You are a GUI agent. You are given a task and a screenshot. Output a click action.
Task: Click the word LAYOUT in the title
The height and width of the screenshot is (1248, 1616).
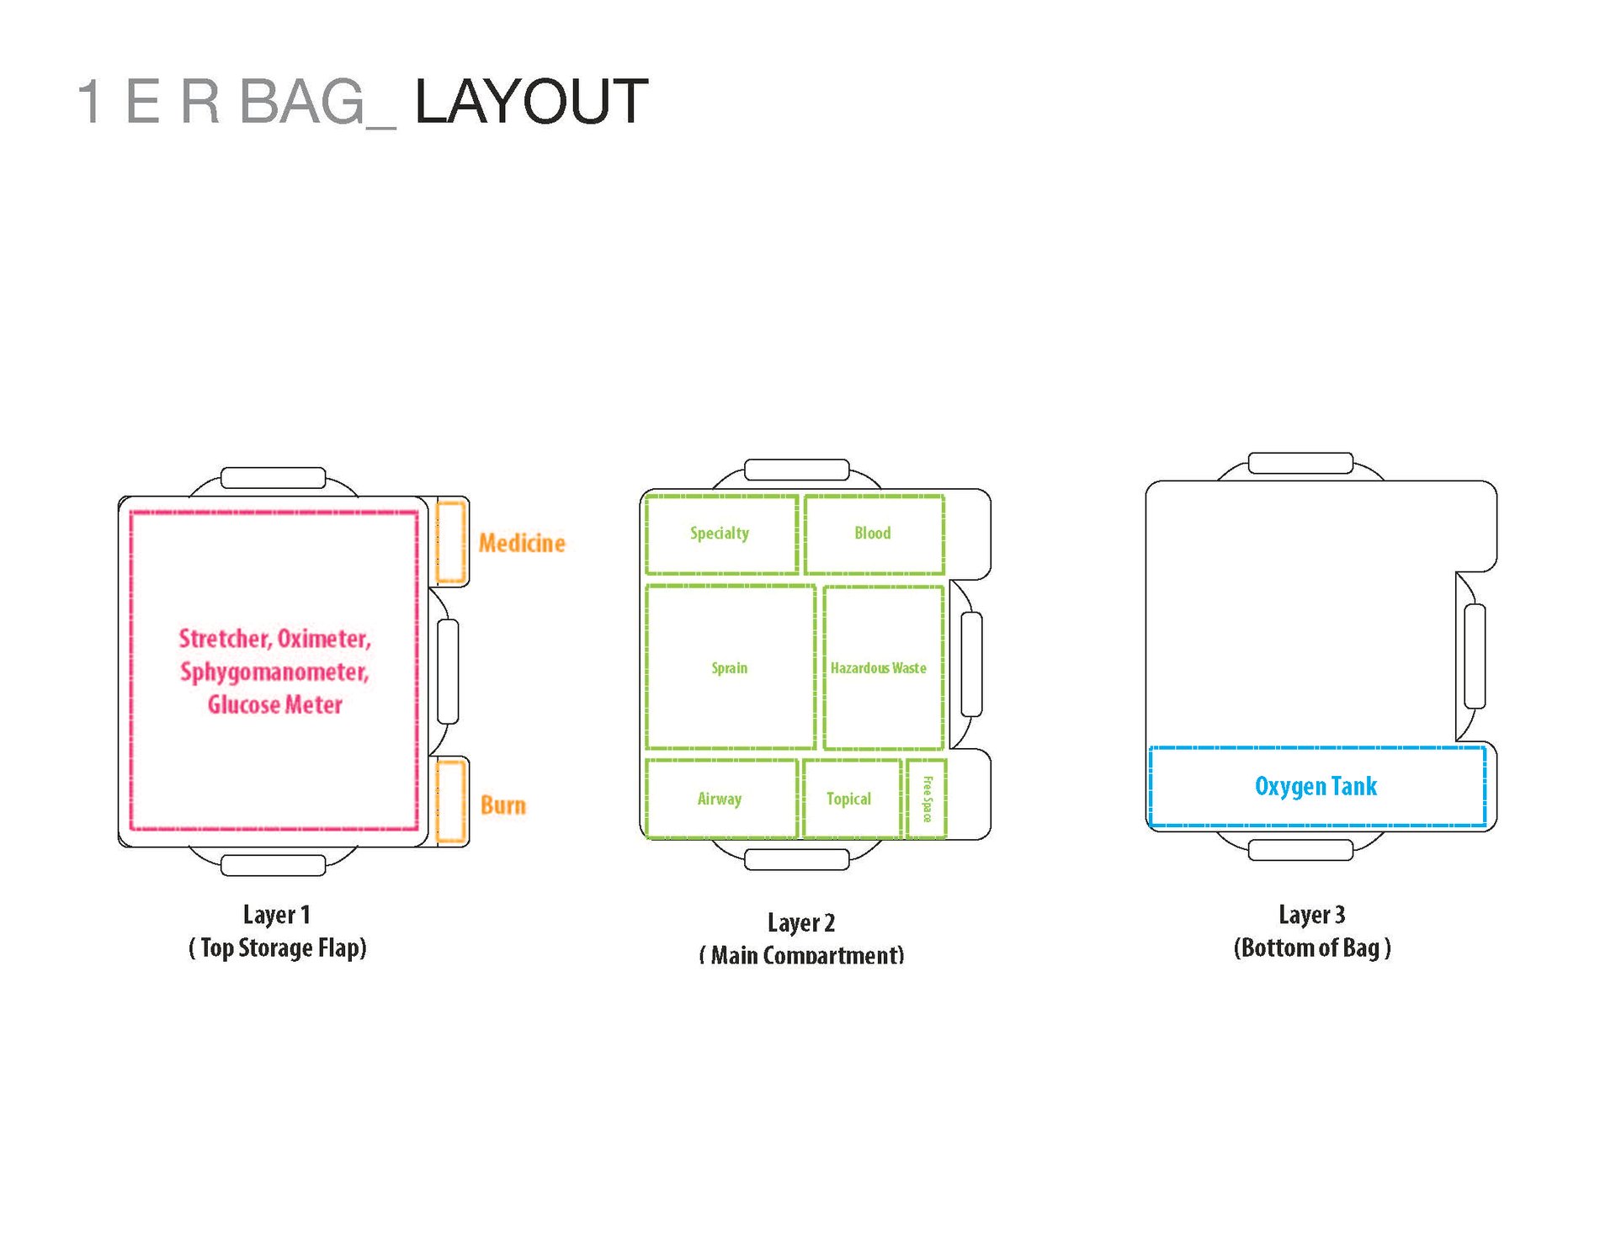click(x=531, y=102)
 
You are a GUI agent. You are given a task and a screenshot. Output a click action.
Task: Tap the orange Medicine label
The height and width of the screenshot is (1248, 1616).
click(x=522, y=543)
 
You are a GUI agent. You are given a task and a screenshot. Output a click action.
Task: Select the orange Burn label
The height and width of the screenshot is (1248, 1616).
click(x=502, y=805)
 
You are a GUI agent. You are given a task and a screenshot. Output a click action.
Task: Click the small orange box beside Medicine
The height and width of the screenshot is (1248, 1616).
click(x=451, y=542)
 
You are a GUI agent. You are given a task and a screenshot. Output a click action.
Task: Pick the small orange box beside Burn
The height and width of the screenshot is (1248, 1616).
click(x=451, y=800)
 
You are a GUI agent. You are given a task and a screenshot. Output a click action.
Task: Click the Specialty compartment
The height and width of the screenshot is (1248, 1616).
click(x=720, y=534)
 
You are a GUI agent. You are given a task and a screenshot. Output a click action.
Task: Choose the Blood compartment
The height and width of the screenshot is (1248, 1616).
click(x=873, y=534)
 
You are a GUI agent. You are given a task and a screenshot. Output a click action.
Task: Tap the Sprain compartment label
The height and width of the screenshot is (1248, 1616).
click(x=729, y=668)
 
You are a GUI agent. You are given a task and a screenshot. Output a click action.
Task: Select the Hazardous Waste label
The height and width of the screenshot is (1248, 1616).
click(x=878, y=668)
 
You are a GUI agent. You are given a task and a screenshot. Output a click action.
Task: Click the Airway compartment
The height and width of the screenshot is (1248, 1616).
click(x=720, y=799)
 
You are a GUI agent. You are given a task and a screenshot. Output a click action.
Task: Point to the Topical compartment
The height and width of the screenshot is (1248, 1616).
click(x=849, y=799)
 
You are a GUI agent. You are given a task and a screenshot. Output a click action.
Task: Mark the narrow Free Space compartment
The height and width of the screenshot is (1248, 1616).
click(x=927, y=799)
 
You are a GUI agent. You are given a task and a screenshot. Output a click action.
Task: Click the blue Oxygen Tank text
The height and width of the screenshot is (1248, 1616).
click(x=1316, y=786)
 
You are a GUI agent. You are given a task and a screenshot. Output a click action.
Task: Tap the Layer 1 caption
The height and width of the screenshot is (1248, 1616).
click(x=277, y=915)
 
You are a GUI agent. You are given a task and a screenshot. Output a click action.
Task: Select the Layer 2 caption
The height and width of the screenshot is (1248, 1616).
click(x=800, y=923)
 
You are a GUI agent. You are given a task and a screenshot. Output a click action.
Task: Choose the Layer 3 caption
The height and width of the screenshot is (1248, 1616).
click(x=1311, y=915)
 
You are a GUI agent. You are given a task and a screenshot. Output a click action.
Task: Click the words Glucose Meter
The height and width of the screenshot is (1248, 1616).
click(x=275, y=704)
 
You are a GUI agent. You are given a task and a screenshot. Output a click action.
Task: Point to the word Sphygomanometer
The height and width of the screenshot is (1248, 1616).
click(x=274, y=672)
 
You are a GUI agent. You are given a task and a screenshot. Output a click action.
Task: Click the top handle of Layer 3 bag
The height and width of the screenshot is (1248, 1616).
click(x=1300, y=463)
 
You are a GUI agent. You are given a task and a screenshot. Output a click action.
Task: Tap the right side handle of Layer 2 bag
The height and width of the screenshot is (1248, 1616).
click(x=971, y=664)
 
